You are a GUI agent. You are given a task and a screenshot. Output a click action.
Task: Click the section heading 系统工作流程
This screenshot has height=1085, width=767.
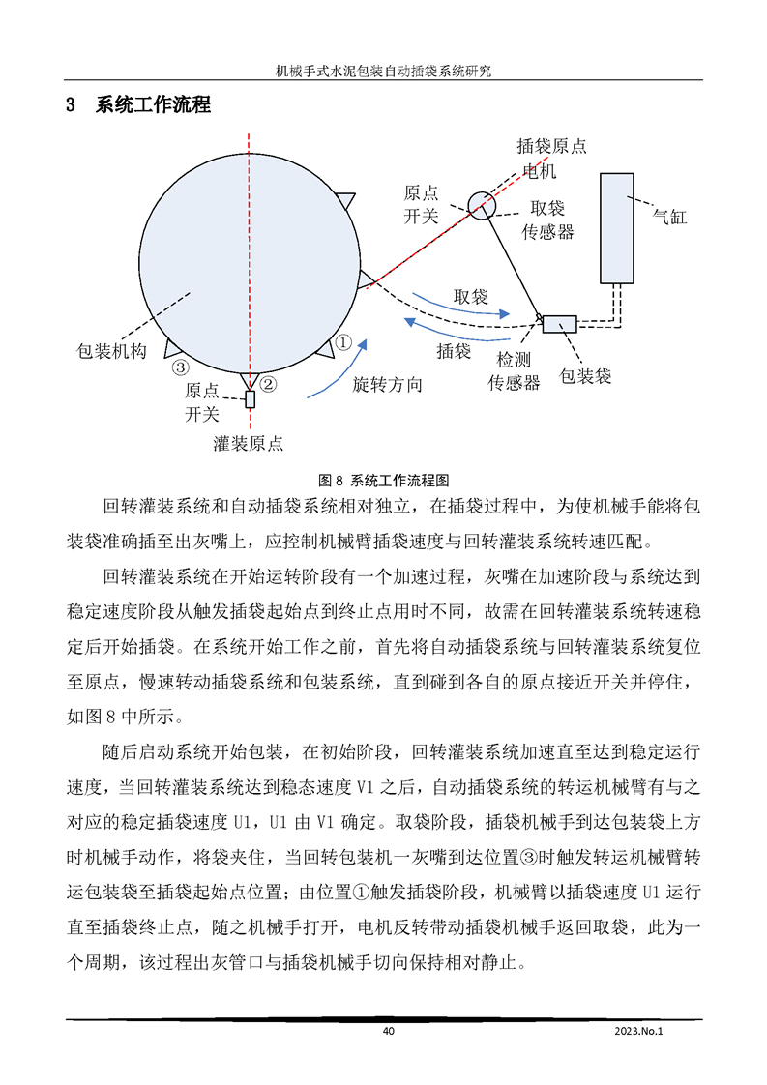pos(152,105)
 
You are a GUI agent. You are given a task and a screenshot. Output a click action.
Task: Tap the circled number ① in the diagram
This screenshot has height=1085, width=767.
pos(343,341)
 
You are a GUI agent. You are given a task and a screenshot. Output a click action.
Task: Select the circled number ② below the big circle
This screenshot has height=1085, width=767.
pos(269,384)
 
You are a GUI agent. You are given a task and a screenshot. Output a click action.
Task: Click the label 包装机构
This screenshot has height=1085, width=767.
pos(111,351)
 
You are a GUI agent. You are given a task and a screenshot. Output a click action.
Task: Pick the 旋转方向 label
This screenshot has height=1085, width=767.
pos(387,384)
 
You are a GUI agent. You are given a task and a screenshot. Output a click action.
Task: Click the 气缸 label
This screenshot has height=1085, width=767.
pos(669,218)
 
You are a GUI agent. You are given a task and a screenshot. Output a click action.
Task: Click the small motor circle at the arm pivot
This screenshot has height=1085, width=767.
pos(482,203)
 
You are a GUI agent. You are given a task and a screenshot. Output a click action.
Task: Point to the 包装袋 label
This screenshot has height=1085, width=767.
pos(586,375)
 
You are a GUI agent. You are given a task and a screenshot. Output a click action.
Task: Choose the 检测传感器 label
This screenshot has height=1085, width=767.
pos(513,370)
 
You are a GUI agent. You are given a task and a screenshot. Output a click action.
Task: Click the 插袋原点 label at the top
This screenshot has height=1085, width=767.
pos(551,147)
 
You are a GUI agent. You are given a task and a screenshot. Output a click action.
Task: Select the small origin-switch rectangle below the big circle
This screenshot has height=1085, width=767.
pos(250,397)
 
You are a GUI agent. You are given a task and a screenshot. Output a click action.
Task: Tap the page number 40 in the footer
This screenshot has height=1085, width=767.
pos(389,1031)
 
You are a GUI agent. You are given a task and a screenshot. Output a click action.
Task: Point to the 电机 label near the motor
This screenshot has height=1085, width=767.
pos(540,171)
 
